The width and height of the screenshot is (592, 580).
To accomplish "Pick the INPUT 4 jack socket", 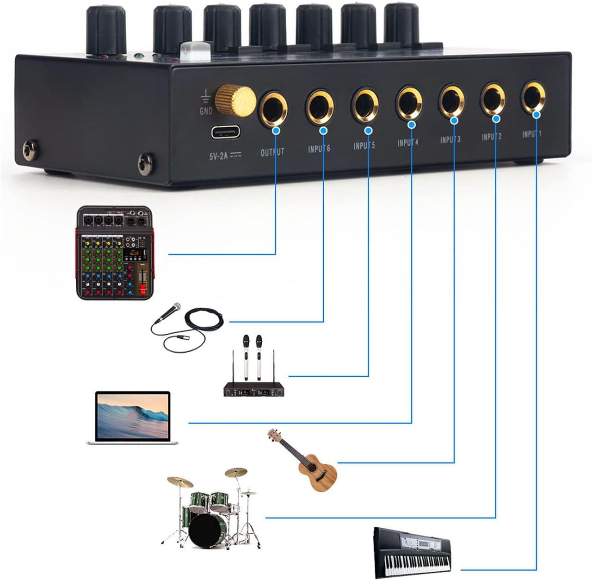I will pyautogui.click(x=410, y=101).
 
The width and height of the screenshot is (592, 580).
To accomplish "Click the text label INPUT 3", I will pyautogui.click(x=450, y=139).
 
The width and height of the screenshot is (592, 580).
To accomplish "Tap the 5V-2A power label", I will pyautogui.click(x=225, y=156).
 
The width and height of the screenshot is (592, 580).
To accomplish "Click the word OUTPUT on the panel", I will pyautogui.click(x=272, y=152).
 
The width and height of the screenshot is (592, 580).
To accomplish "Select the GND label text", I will pyautogui.click(x=205, y=111).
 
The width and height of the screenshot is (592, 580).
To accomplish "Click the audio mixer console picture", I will pyautogui.click(x=113, y=253).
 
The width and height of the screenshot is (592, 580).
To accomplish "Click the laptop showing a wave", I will pyautogui.click(x=132, y=417).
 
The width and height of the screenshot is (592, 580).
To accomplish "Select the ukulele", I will pyautogui.click(x=308, y=463).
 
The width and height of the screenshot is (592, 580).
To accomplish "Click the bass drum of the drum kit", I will pyautogui.click(x=208, y=530).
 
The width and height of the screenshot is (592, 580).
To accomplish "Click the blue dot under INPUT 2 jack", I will pyautogui.click(x=496, y=119).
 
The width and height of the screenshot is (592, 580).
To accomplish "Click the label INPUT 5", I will pyautogui.click(x=364, y=146).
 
